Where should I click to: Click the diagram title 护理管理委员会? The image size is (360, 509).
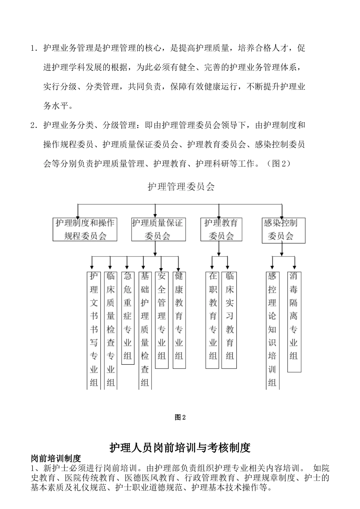(x=181, y=187)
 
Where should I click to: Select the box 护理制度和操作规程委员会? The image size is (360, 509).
(x=85, y=230)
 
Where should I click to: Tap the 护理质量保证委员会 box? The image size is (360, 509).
(x=158, y=230)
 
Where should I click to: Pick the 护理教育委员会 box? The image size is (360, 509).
(x=221, y=230)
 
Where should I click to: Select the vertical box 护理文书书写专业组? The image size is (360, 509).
(x=94, y=329)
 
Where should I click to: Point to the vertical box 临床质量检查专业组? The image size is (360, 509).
(x=111, y=329)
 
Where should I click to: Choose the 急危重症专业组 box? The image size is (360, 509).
(x=128, y=317)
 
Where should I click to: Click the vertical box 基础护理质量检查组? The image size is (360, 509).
(x=145, y=329)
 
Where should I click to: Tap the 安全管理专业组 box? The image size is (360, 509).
(x=162, y=320)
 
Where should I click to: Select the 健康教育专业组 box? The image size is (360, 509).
(x=179, y=320)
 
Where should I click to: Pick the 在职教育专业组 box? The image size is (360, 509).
(x=213, y=320)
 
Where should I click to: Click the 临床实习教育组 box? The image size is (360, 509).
(x=230, y=320)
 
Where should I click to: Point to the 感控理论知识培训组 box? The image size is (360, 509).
(x=272, y=329)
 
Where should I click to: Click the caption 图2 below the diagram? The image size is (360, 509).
(x=180, y=417)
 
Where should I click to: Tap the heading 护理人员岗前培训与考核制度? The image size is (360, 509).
(x=180, y=448)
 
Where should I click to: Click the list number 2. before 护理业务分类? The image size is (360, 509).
(x=34, y=125)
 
